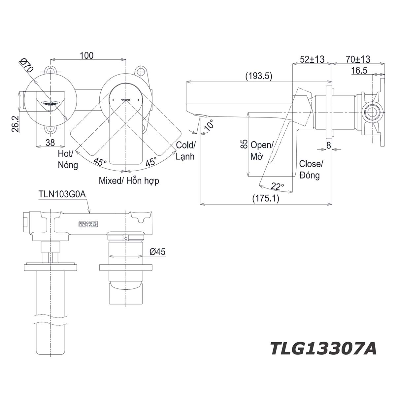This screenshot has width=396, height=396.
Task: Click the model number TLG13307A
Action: (323, 348)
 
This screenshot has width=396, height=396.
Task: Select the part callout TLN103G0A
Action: (62, 194)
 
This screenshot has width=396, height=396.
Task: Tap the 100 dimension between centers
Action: (86, 55)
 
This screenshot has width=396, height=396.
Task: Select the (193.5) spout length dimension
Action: (259, 76)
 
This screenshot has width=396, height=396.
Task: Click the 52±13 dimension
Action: (312, 59)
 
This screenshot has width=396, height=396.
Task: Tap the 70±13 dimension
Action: (358, 59)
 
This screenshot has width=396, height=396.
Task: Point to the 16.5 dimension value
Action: (359, 70)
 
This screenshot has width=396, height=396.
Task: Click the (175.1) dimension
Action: (266, 198)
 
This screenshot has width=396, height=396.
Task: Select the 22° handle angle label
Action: (278, 187)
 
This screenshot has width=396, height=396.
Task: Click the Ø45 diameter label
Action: (157, 252)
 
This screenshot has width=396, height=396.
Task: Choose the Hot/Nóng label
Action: (68, 159)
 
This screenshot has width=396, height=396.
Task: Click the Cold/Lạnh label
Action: (185, 150)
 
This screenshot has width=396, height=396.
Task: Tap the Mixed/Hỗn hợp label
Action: (129, 181)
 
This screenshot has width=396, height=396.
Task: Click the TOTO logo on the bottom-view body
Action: (88, 224)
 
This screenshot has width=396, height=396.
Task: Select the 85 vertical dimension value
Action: (244, 144)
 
